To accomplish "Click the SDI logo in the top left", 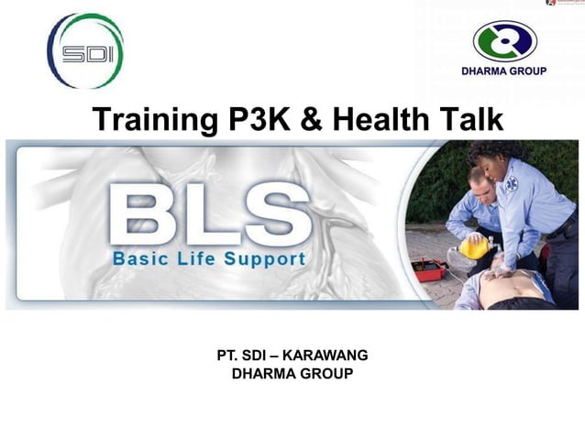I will (85, 51).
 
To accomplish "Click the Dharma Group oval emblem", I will (504, 41).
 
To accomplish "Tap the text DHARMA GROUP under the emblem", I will (504, 71).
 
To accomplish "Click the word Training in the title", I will (149, 119).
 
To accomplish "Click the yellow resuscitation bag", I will (473, 246).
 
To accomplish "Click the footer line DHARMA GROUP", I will (292, 373).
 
